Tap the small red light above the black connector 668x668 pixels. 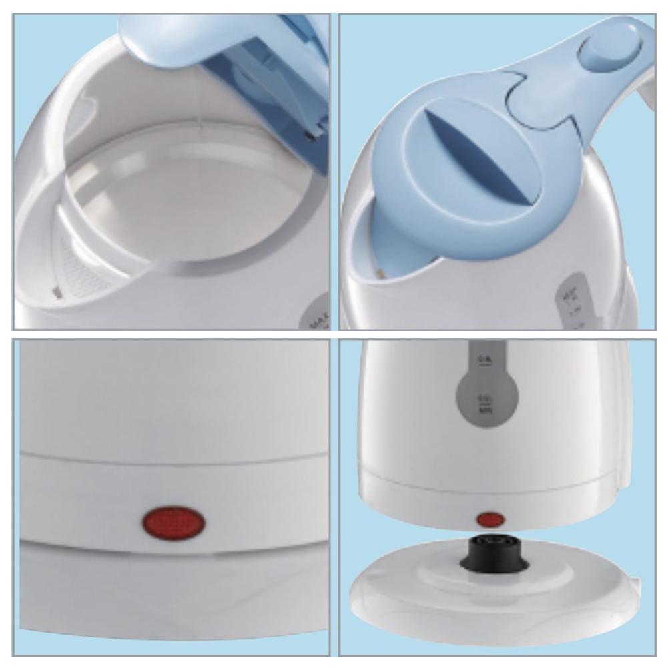click(x=490, y=519)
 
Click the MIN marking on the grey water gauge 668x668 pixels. click(x=486, y=404)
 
